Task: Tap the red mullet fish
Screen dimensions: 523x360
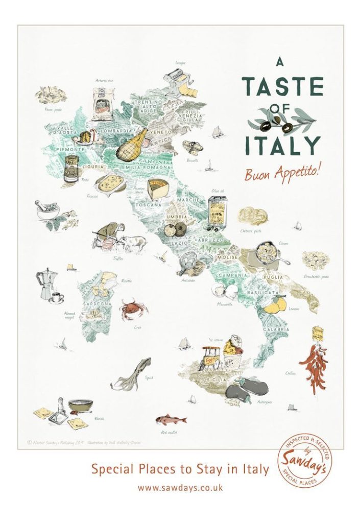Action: [171, 420]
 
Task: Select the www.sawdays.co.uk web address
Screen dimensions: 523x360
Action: [180, 488]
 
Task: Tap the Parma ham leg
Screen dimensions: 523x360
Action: [132, 142]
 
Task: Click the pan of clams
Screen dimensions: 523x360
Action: [269, 254]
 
